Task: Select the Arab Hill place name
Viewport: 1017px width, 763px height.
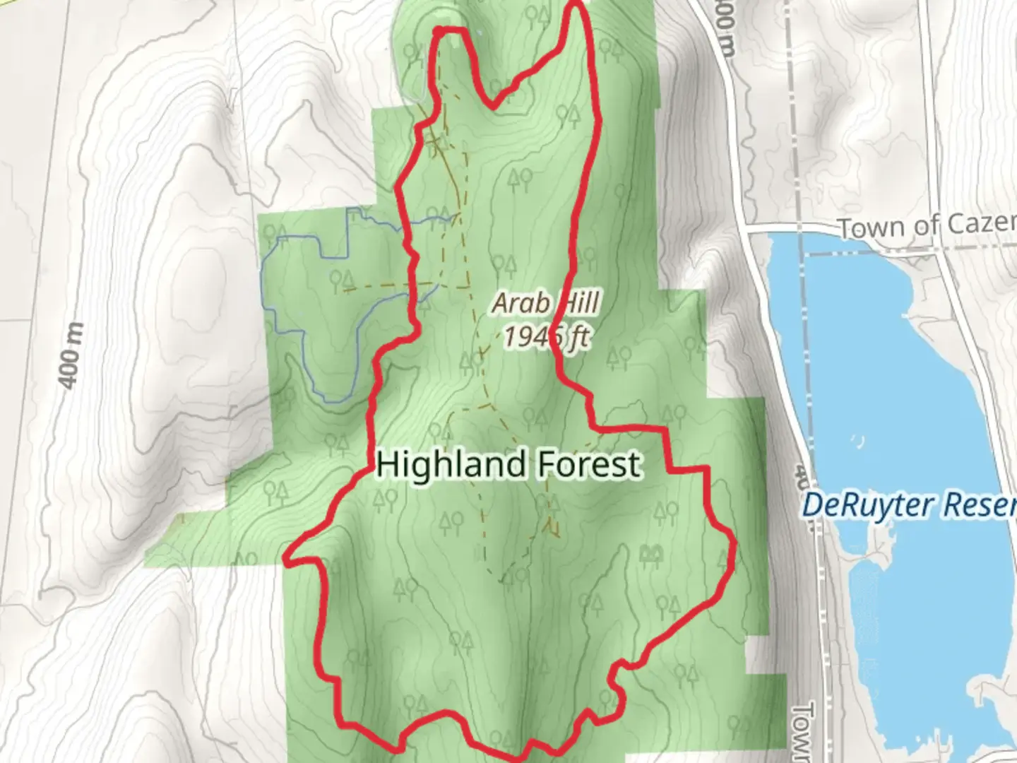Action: [545, 304]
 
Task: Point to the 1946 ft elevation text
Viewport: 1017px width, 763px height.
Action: [545, 337]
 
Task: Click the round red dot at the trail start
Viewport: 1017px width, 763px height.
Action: [439, 31]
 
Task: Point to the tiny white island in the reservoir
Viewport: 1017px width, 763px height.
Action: [857, 441]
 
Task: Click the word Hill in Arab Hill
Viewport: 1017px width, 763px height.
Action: [573, 304]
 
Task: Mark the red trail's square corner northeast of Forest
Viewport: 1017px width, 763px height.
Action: [706, 468]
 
